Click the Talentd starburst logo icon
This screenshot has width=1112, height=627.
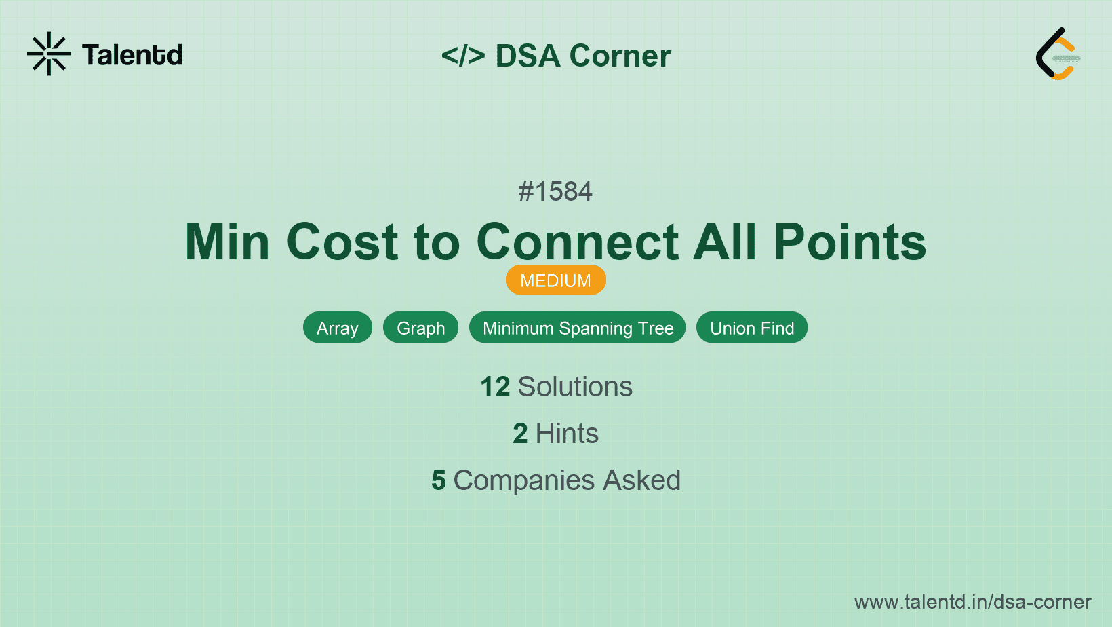tap(49, 54)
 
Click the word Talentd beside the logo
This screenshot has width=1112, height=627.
tap(132, 55)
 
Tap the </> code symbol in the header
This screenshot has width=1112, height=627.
tap(463, 56)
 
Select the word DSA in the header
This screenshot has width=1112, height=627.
tap(528, 56)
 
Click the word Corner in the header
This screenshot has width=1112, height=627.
tap(620, 56)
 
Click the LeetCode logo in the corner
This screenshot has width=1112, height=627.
tap(1058, 54)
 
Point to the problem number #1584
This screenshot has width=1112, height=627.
tap(555, 191)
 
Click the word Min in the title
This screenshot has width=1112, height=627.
tap(227, 242)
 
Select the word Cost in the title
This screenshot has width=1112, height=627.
tap(342, 242)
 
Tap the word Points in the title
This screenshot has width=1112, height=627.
tap(850, 242)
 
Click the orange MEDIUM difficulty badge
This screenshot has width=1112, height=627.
tap(555, 280)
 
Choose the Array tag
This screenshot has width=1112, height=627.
tap(338, 328)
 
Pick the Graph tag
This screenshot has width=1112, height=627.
tap(420, 328)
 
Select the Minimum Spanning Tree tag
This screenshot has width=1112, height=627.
tap(578, 328)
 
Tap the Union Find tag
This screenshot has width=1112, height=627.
tap(752, 328)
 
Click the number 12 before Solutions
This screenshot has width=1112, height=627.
tap(495, 387)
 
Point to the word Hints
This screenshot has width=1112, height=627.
tap(567, 434)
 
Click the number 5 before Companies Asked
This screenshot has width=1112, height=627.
tap(439, 480)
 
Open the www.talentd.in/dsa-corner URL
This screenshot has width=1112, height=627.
tap(972, 602)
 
